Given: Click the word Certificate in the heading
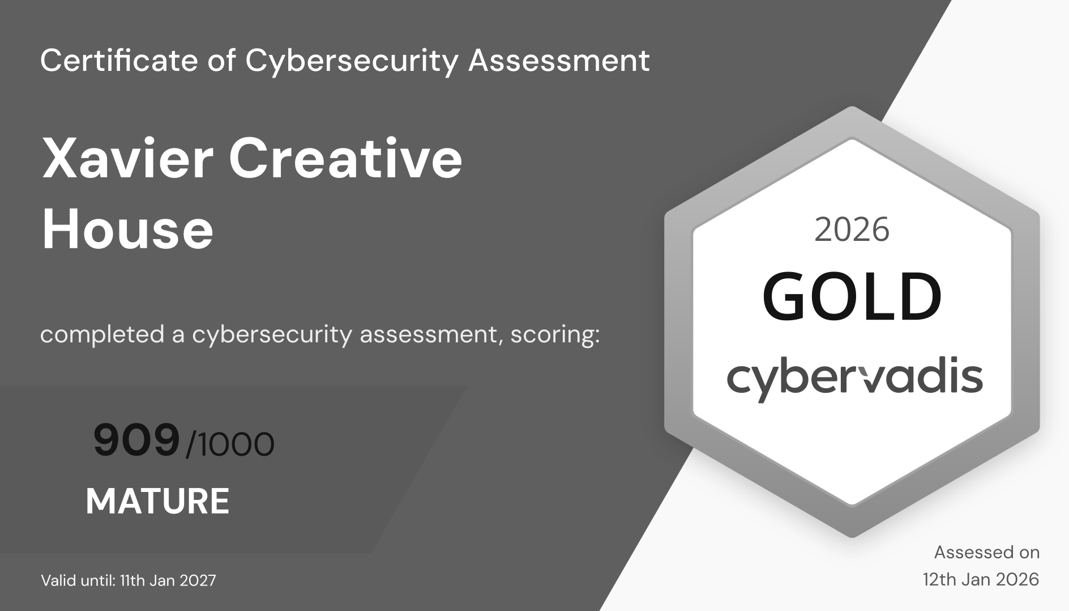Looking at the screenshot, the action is [x=119, y=60].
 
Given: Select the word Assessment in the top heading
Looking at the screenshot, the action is [x=559, y=60].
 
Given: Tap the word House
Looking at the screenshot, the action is [x=127, y=230].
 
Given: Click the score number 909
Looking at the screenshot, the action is [x=136, y=441].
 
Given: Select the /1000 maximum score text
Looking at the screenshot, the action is [x=230, y=444].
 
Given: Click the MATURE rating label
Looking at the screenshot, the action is [x=157, y=501].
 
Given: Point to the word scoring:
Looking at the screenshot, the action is [x=555, y=335].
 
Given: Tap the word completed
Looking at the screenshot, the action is [x=102, y=335].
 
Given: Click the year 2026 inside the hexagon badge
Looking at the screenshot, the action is [x=852, y=230].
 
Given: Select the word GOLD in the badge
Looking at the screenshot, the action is [x=852, y=296].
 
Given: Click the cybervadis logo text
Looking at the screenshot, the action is [x=855, y=379].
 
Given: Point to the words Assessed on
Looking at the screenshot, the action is [x=987, y=552].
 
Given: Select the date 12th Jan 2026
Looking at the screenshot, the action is [x=981, y=579].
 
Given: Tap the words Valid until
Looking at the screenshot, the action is [x=78, y=580].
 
